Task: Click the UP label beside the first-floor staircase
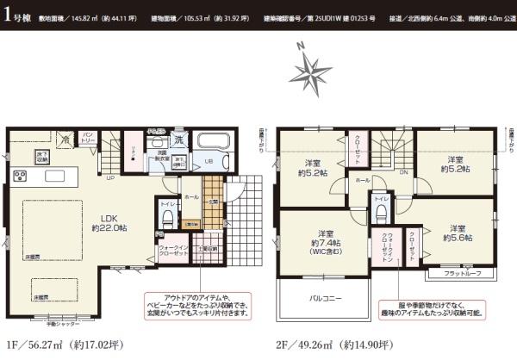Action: click(x=110, y=178)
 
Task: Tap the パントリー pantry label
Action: click(x=90, y=137)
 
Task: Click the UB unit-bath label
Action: click(x=209, y=160)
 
